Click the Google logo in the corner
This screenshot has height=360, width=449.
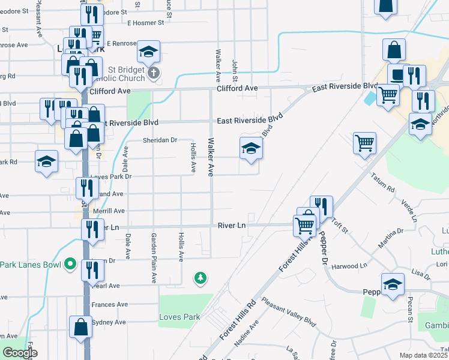(x=20, y=353)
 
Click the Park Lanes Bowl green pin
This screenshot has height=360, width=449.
(x=70, y=263)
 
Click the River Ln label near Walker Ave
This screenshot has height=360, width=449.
(x=232, y=226)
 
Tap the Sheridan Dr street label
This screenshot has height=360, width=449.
(x=160, y=140)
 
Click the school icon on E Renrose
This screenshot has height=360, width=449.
(x=148, y=53)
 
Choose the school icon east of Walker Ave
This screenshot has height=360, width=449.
(x=250, y=149)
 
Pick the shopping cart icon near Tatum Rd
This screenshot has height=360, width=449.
(x=364, y=143)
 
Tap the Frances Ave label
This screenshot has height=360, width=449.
(x=110, y=305)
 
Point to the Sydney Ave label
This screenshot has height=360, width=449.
(x=109, y=322)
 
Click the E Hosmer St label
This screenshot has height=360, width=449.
(x=145, y=23)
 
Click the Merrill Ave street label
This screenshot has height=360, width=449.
(x=107, y=211)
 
